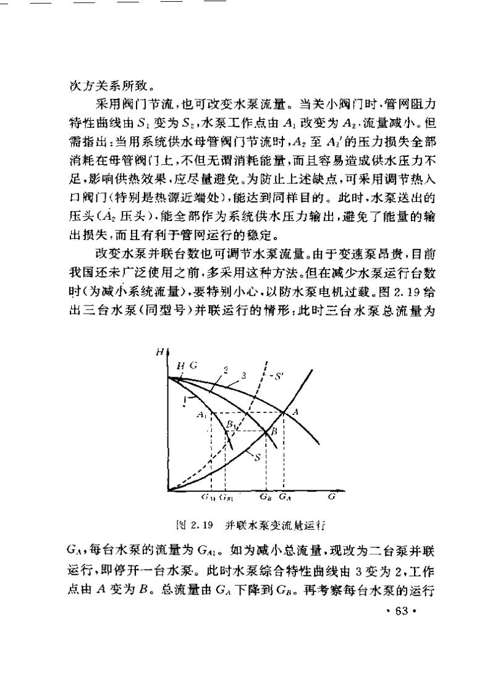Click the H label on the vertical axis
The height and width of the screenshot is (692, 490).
pyautogui.click(x=159, y=352)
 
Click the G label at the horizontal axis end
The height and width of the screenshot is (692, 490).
pyautogui.click(x=332, y=496)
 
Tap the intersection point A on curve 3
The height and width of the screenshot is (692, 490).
pyautogui.click(x=284, y=412)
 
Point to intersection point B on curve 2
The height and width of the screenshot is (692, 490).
pyautogui.click(x=266, y=430)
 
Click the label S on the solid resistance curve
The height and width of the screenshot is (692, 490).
pyautogui.click(x=257, y=457)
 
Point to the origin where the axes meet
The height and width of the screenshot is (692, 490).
pyautogui.click(x=167, y=491)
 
